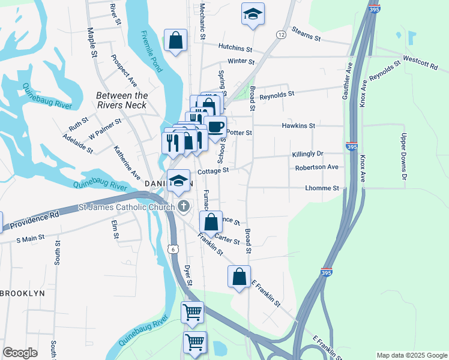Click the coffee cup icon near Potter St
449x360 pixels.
coord(215,127)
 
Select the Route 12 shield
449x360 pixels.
coord(280,36)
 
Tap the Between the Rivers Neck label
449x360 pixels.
coord(122,101)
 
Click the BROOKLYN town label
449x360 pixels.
coord(23,293)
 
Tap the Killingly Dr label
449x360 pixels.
coord(307,154)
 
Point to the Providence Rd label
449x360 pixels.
coord(34,217)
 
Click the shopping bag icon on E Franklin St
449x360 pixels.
coord(239,277)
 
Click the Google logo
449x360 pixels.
coord(20,353)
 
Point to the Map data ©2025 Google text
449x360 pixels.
coord(411,355)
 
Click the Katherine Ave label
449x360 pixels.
coord(127,163)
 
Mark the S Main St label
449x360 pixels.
coord(30,238)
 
